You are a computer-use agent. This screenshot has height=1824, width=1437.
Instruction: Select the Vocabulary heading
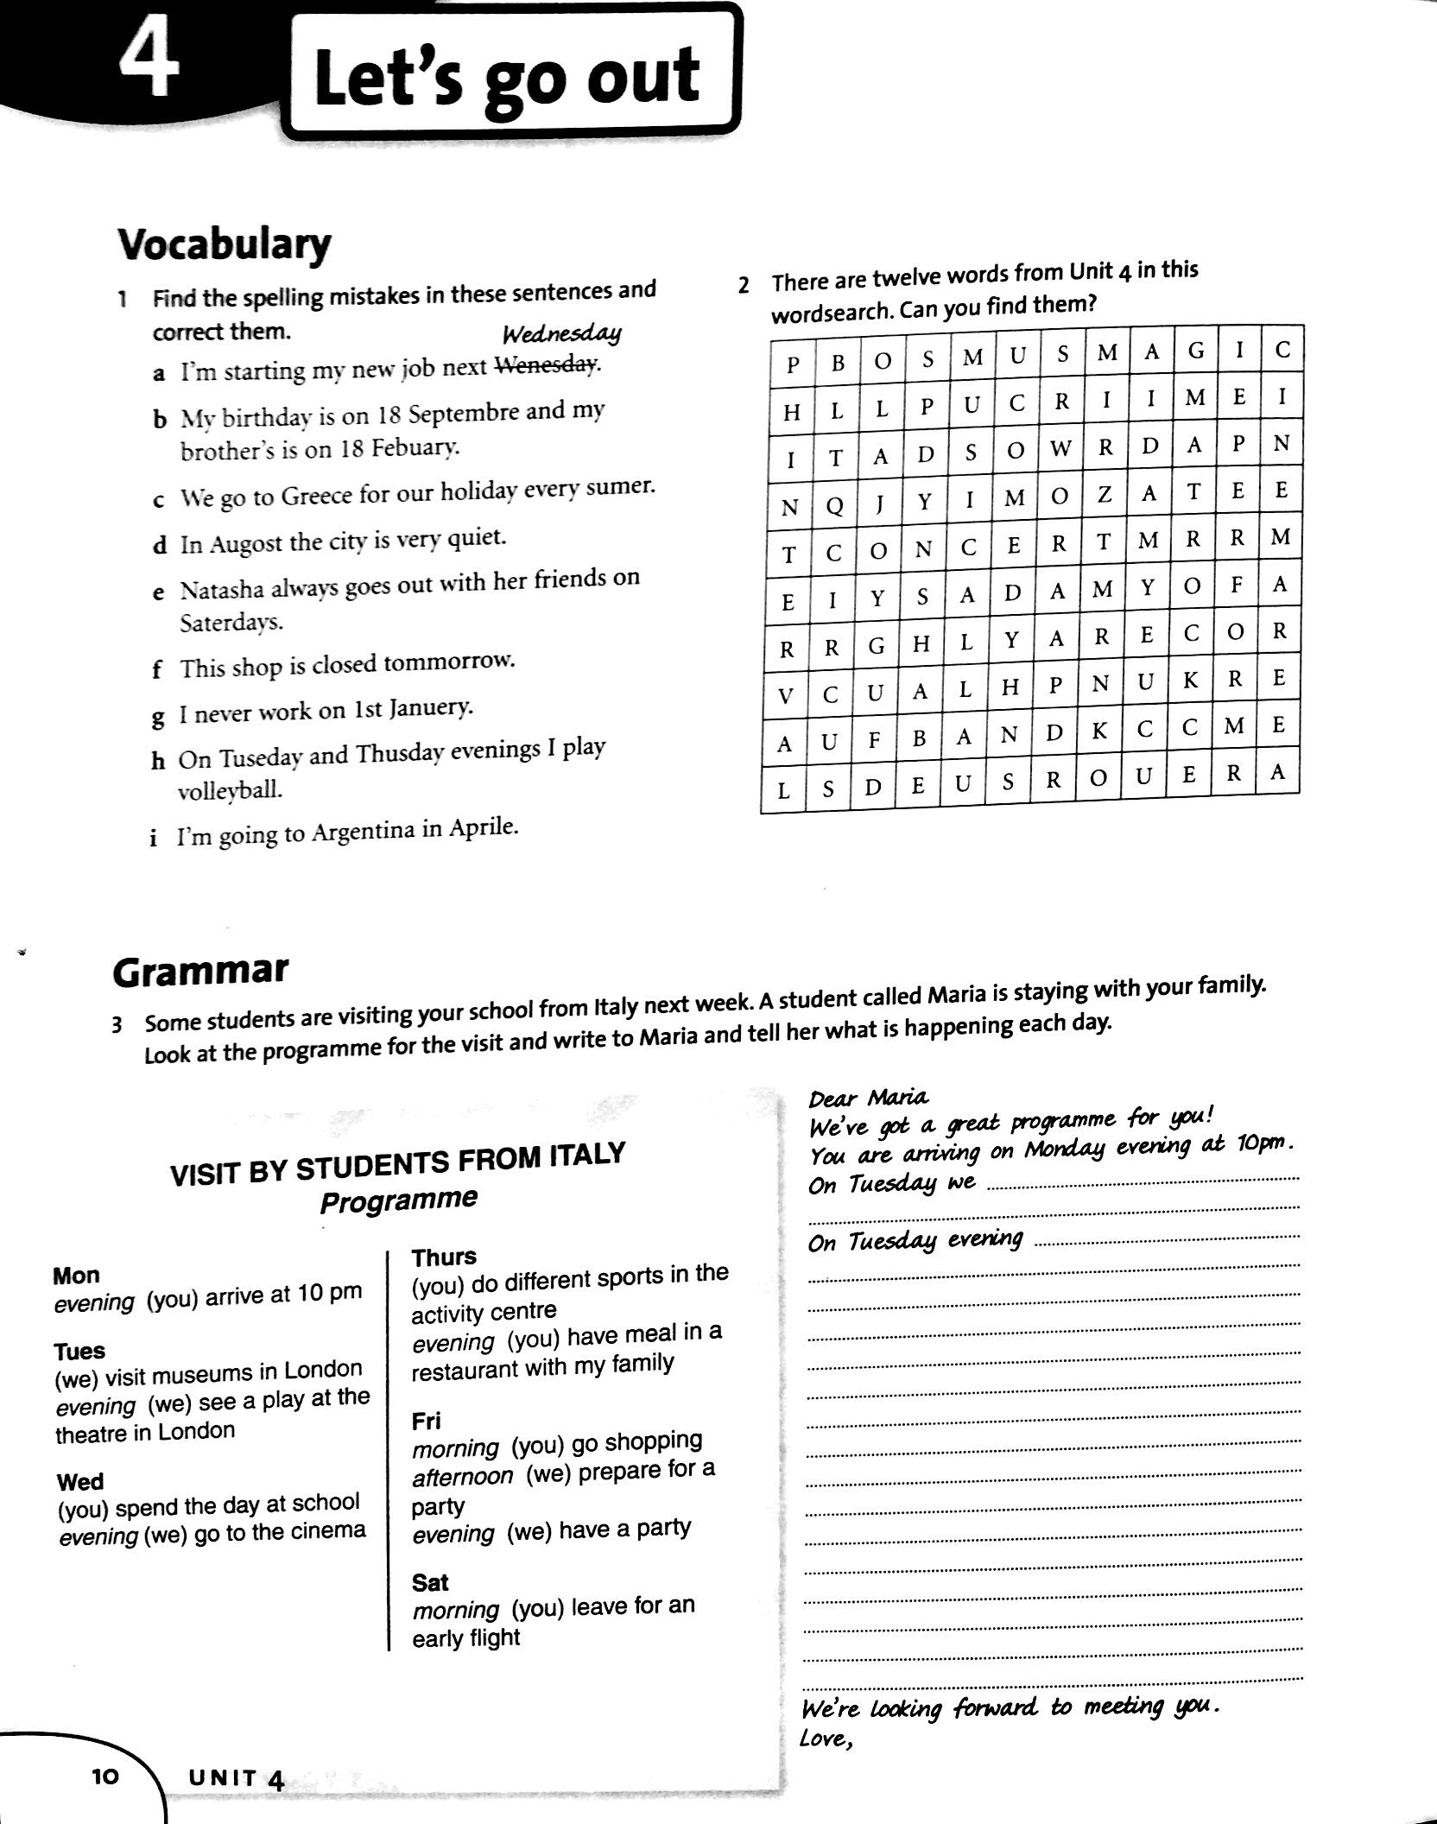pyautogui.click(x=224, y=244)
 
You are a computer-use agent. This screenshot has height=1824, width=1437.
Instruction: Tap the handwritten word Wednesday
pyautogui.click(x=561, y=334)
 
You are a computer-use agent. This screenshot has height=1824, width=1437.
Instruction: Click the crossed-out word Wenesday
pyautogui.click(x=545, y=367)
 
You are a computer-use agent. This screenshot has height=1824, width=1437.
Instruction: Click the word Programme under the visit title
pyautogui.click(x=398, y=1200)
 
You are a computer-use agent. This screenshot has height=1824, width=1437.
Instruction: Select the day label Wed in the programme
pyautogui.click(x=79, y=1482)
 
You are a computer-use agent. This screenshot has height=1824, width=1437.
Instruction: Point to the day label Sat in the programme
pyautogui.click(x=430, y=1582)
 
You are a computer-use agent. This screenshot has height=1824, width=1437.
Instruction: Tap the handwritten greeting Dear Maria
pyautogui.click(x=868, y=1098)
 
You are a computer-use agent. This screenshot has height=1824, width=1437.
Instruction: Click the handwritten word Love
pyautogui.click(x=825, y=1738)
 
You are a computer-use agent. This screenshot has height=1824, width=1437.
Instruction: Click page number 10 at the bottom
pyautogui.click(x=104, y=1776)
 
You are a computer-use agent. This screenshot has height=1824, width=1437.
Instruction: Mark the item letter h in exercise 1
pyautogui.click(x=157, y=760)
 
